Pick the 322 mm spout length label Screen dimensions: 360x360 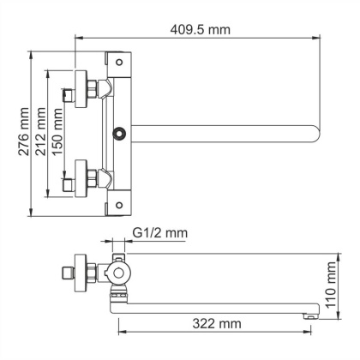[216, 324]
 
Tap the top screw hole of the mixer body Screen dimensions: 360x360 [119, 58]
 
